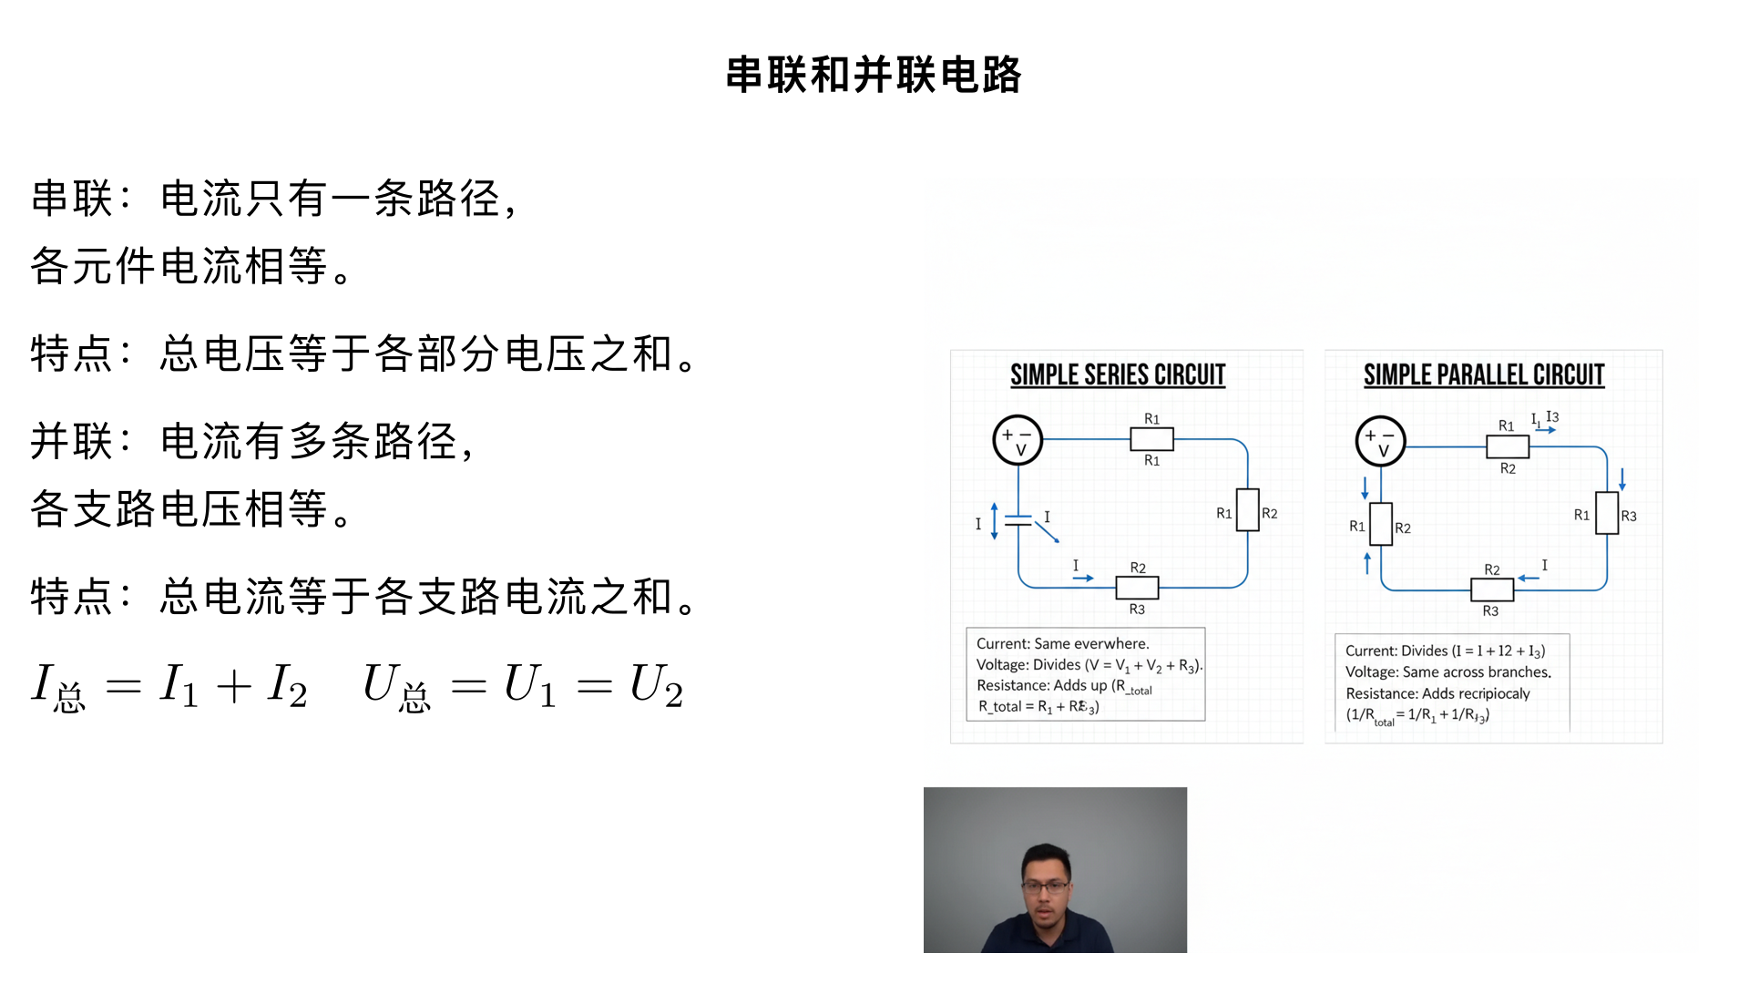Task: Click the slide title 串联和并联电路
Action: point(874,75)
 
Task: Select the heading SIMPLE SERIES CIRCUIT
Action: point(1118,375)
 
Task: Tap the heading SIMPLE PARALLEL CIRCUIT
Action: point(1483,375)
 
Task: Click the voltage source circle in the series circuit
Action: point(1017,441)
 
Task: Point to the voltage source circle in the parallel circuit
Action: point(1380,442)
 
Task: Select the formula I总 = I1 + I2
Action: point(169,686)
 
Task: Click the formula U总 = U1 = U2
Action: point(523,686)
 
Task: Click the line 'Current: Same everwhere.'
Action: point(1062,643)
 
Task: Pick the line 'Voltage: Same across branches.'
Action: point(1447,672)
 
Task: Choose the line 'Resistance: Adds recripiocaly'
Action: point(1437,693)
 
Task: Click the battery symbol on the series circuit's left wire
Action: point(1018,521)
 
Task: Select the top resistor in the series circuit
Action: point(1151,439)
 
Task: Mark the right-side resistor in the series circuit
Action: point(1247,510)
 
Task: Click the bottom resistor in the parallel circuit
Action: point(1491,590)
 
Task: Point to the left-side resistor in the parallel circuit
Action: point(1381,524)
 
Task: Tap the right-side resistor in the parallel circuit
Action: point(1606,513)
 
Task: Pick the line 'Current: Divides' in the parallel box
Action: point(1445,651)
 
